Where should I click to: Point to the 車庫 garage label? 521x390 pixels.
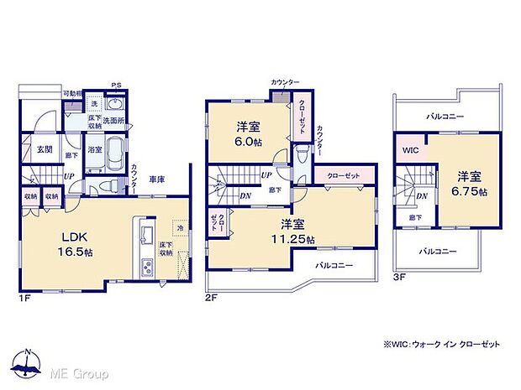pos(157,178)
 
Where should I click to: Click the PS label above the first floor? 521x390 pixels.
pos(116,85)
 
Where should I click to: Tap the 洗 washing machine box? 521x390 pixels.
pos(94,103)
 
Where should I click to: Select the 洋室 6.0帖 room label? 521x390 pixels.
pos(247,134)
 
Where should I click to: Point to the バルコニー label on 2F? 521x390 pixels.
pos(334,264)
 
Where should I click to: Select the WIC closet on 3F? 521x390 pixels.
pos(411,151)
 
